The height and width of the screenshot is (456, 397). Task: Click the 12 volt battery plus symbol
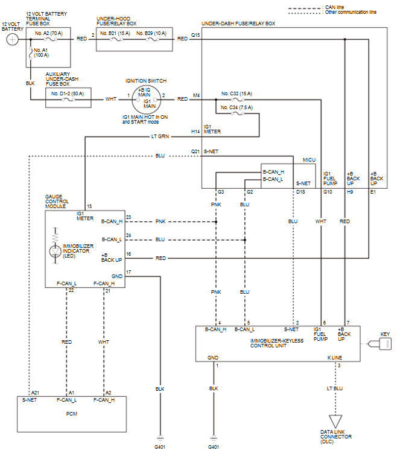pyautogui.click(x=12, y=39)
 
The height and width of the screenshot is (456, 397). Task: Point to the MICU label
pyautogui.click(x=309, y=160)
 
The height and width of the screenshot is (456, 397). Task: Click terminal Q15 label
pyautogui.click(x=195, y=35)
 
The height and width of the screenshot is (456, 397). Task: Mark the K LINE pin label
pyautogui.click(x=335, y=358)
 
